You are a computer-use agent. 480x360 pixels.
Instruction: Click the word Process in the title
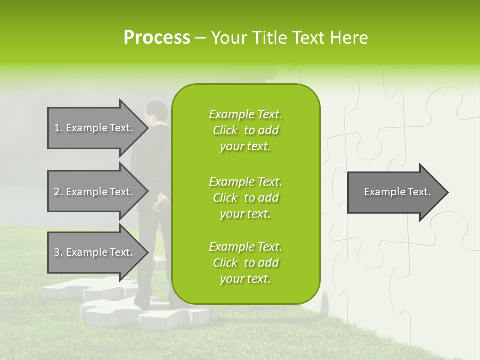[157, 38]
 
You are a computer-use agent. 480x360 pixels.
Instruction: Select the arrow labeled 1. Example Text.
[95, 128]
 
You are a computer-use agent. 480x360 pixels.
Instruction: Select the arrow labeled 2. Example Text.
[95, 192]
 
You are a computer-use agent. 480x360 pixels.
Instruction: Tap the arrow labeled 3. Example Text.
[95, 252]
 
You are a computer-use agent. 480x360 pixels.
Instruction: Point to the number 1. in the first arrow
[58, 128]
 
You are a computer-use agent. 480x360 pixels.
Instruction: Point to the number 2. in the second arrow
[58, 192]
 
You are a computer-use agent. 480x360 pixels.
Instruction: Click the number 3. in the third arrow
[58, 252]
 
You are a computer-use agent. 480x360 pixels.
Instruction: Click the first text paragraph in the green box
[245, 130]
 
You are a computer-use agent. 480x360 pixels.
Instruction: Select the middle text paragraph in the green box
[245, 198]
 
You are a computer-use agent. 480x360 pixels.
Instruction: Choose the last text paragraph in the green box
[245, 263]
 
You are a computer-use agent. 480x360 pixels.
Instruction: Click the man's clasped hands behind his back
[160, 203]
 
